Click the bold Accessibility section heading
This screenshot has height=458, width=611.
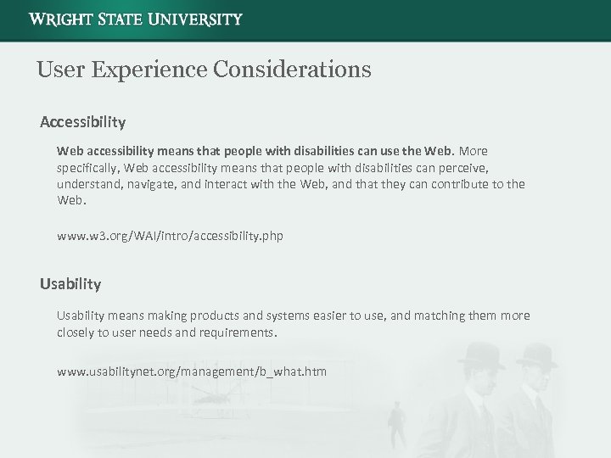point(82,122)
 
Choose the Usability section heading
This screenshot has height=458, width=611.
point(70,283)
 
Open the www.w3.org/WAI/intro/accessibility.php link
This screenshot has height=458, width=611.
point(170,236)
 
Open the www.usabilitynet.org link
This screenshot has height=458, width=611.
point(191,371)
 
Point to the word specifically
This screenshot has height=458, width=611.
point(90,167)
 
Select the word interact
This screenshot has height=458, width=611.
point(232,184)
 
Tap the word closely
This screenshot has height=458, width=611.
point(76,332)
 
